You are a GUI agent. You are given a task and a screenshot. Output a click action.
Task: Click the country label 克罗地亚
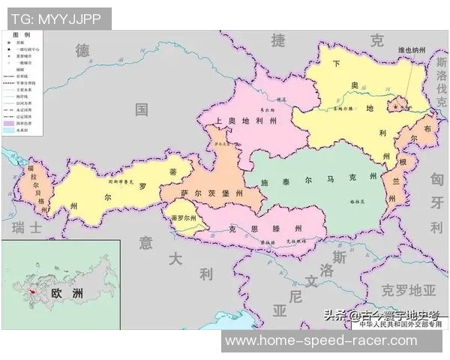tap(408, 289)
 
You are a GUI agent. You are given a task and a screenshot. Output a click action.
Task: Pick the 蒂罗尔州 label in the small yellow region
tap(183, 219)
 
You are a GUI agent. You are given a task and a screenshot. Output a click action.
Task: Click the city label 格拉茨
tap(344, 201)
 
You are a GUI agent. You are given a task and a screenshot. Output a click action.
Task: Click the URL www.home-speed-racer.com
tap(321, 341)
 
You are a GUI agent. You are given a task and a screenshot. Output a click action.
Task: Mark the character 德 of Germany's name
tap(82, 50)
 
